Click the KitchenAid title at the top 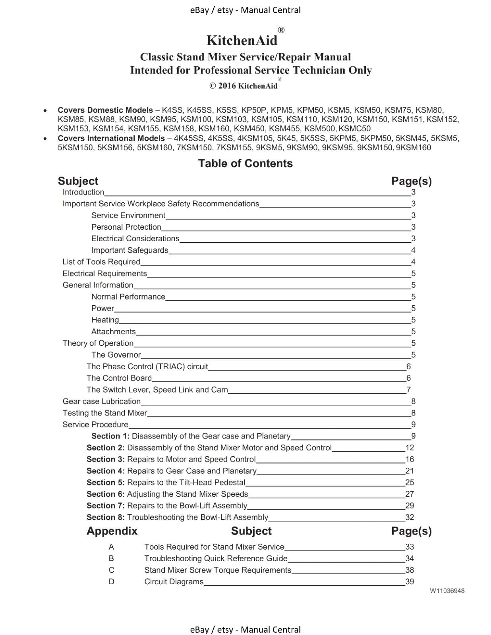coord(242,40)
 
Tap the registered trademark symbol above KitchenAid coord(281,30)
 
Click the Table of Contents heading coord(245,164)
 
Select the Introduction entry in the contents coord(83,192)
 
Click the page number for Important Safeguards coord(413,250)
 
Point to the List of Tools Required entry coord(101,262)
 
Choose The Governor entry coord(116,355)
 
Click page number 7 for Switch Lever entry coord(408,390)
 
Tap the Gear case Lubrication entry coord(102,401)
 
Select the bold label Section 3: coord(106,459)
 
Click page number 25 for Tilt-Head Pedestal coord(410,483)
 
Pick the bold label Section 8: coord(106,517)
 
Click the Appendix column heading coord(112,531)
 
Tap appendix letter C coord(112,570)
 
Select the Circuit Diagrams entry coord(174,581)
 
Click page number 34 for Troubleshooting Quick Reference coord(410,558)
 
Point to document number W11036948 coord(447,591)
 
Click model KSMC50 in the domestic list coord(354,129)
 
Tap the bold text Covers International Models coord(111,138)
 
